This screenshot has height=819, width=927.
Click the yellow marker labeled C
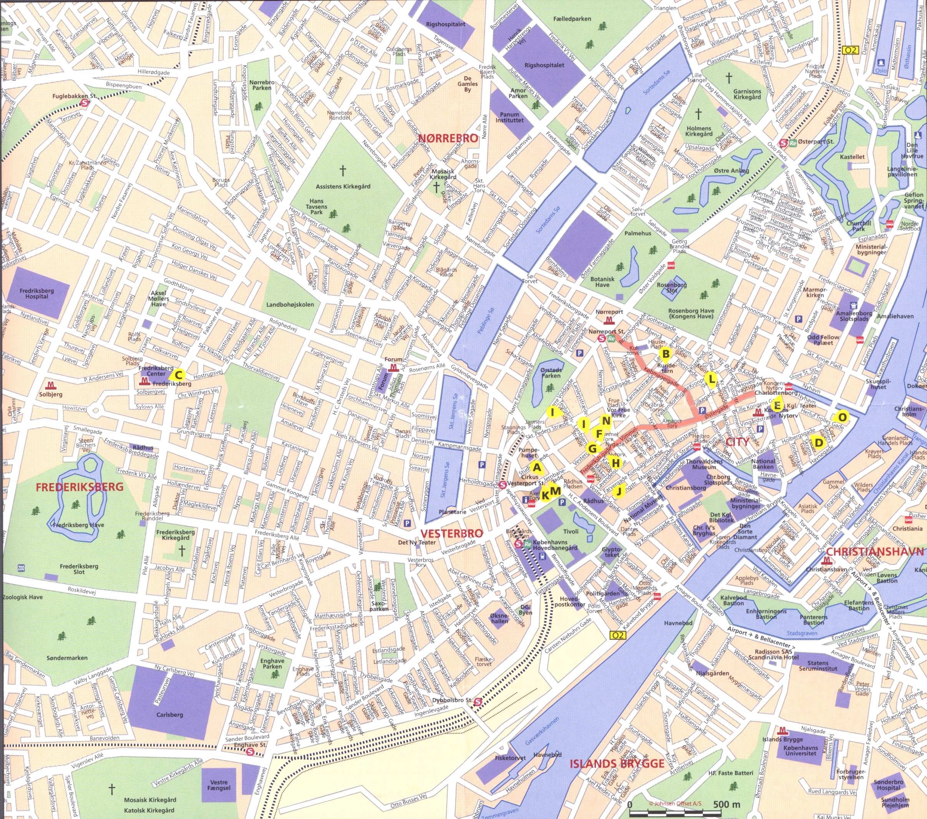click(x=178, y=375)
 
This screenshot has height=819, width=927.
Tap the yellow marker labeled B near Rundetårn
click(x=666, y=354)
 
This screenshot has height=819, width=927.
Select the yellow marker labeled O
click(x=842, y=416)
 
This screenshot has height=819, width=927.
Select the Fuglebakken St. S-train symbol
click(x=85, y=103)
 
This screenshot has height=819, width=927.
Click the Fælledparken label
click(x=572, y=19)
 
